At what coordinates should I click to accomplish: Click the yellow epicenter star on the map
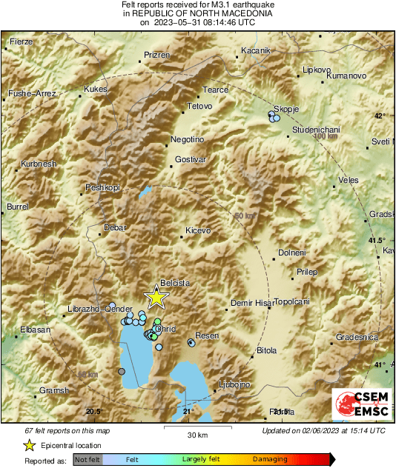coord(156,297)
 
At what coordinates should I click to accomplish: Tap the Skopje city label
coord(287,109)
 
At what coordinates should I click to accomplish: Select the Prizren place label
coord(157,56)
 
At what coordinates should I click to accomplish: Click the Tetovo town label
coord(199,107)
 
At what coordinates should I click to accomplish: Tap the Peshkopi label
coord(102,188)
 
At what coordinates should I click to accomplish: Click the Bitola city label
coord(265,350)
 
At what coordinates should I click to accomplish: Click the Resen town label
coord(208,336)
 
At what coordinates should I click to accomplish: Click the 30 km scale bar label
coord(197,434)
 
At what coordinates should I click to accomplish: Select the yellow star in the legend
coord(29,445)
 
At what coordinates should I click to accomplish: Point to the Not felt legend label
coord(88,460)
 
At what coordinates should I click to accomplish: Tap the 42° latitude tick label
coord(380,116)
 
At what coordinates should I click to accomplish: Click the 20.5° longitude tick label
coord(93,411)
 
